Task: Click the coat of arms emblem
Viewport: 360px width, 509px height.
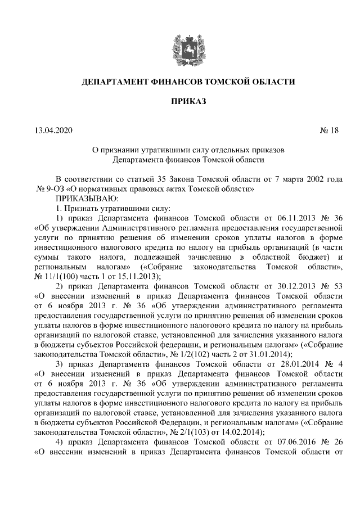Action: (181, 47)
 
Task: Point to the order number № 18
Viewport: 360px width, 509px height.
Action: (330, 131)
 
